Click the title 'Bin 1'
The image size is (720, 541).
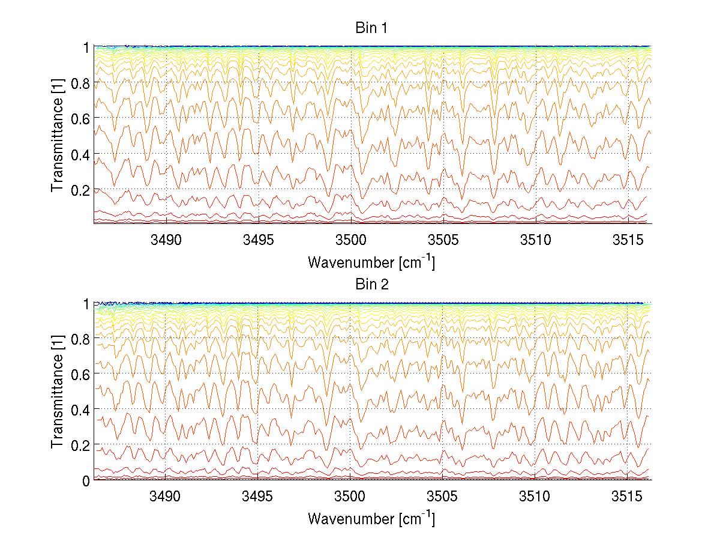pos(373,28)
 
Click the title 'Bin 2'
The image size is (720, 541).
pos(373,285)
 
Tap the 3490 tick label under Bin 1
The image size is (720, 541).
pos(166,241)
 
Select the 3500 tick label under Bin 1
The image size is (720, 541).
pos(350,241)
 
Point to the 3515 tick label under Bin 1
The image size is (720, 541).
pos(628,241)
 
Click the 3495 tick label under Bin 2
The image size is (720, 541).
pos(258,497)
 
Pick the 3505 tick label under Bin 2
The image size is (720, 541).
pos(443,497)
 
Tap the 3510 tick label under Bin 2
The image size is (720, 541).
pos(535,497)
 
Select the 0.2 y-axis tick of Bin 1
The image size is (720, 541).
pos(80,189)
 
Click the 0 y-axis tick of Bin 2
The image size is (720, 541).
pos(86,480)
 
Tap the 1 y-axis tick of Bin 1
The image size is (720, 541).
pos(86,47)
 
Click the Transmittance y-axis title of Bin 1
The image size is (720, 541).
pos(58,135)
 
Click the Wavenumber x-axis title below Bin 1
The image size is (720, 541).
pos(371,262)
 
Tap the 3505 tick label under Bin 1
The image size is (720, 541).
pos(443,241)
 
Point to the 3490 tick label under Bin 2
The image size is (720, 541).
pos(166,497)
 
